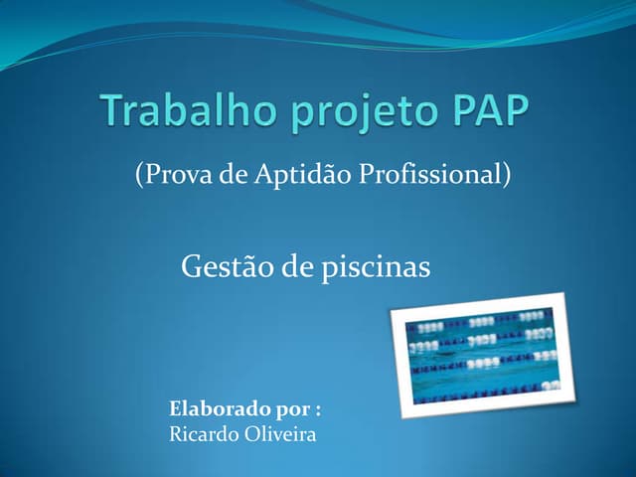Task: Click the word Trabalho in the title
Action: coord(182,111)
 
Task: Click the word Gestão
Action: coord(225,266)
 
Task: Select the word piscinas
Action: coord(376,267)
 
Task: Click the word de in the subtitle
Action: coord(237,175)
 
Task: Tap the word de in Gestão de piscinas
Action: coord(298,266)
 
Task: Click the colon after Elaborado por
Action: coord(318,409)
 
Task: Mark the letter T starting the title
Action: coord(113,111)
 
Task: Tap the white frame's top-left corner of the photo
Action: coord(391,311)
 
